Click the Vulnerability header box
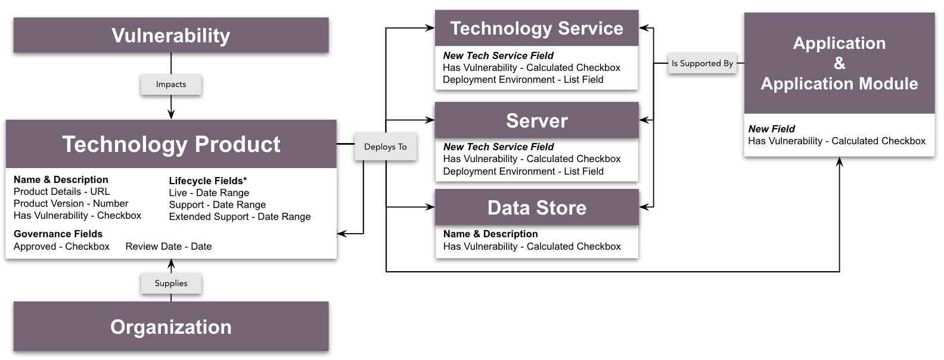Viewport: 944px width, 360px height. pyautogui.click(x=171, y=35)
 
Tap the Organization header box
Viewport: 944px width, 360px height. pyautogui.click(x=171, y=327)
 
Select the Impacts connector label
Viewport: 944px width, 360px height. pyautogui.click(x=171, y=85)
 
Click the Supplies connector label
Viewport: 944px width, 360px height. pyautogui.click(x=171, y=284)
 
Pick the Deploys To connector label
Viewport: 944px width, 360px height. pyautogui.click(x=385, y=147)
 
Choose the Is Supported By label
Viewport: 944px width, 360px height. pyautogui.click(x=702, y=63)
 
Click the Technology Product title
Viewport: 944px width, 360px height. pyautogui.click(x=171, y=144)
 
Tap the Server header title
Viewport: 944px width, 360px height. pyautogui.click(x=536, y=121)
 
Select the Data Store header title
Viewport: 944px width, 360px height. pyautogui.click(x=536, y=207)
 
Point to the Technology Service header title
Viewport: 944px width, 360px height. pyautogui.click(x=536, y=29)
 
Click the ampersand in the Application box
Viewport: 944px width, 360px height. pyautogui.click(x=839, y=63)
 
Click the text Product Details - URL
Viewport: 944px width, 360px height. pyautogui.click(x=61, y=192)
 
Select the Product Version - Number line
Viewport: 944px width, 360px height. pyautogui.click(x=70, y=204)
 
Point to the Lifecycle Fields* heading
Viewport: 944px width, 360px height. pyautogui.click(x=207, y=181)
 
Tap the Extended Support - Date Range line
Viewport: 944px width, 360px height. pyautogui.click(x=240, y=217)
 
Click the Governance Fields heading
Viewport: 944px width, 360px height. pyautogui.click(x=58, y=234)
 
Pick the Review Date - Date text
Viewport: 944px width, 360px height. pyautogui.click(x=168, y=247)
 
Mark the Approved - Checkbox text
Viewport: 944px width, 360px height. pyautogui.click(x=61, y=247)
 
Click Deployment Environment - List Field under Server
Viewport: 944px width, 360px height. pyautogui.click(x=523, y=172)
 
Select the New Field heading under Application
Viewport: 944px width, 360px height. pyautogui.click(x=771, y=129)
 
